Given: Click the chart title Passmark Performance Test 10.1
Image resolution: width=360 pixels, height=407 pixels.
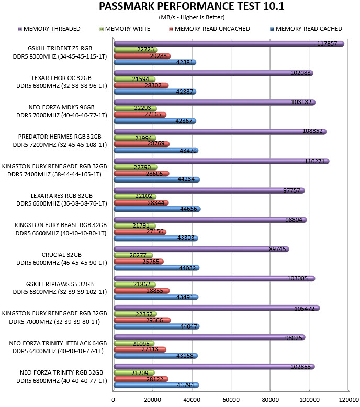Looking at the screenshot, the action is (x=192, y=6).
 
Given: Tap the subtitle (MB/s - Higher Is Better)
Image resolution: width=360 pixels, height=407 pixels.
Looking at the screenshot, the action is (x=192, y=17).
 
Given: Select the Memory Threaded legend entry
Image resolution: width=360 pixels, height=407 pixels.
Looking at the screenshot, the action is (x=49, y=29).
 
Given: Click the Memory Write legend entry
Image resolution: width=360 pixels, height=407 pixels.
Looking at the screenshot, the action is (x=125, y=29).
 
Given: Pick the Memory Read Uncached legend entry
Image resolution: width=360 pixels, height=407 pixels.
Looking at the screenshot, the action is (x=209, y=29).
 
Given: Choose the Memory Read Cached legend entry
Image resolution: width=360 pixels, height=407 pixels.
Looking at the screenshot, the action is (x=306, y=29).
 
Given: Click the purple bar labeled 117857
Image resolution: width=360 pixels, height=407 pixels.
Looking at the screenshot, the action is (x=229, y=43).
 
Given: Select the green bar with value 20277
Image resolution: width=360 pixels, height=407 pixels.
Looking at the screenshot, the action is (x=133, y=255).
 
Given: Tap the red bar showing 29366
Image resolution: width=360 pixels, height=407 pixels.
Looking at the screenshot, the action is (x=142, y=320).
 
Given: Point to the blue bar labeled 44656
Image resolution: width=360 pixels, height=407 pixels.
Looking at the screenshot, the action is (x=157, y=209).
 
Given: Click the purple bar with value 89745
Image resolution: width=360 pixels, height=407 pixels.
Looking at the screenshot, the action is (x=201, y=249).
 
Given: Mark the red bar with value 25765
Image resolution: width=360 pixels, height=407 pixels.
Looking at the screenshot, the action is (x=139, y=262).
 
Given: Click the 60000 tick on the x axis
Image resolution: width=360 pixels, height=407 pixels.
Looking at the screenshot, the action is (x=231, y=400).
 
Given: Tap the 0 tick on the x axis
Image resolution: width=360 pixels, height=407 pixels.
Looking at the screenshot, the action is (x=113, y=400).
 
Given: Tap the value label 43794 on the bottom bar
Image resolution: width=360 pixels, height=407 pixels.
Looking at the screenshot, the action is (x=185, y=385).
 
